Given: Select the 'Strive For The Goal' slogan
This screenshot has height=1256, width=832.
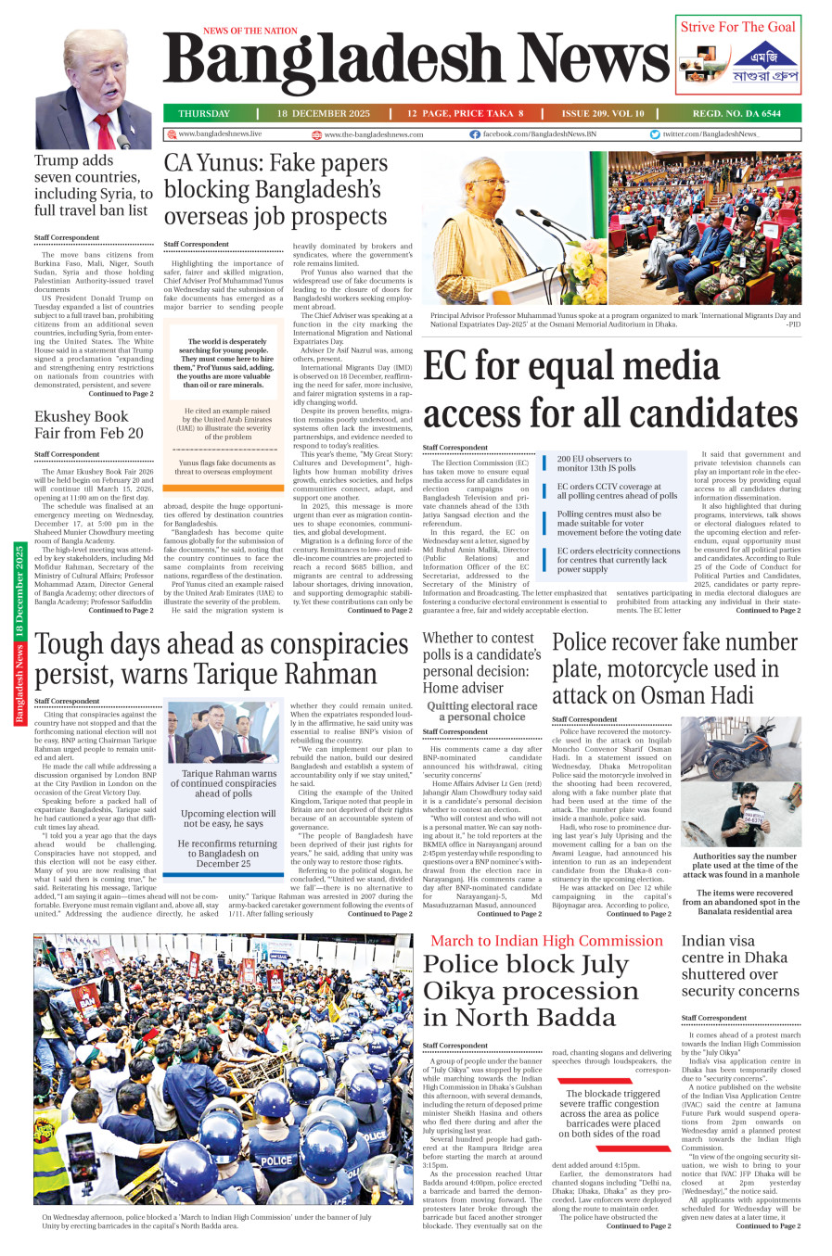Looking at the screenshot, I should coord(737,27).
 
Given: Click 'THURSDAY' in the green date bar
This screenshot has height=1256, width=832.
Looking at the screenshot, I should coord(204,113).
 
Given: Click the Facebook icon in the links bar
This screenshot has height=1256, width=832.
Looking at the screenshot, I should coord(475,134).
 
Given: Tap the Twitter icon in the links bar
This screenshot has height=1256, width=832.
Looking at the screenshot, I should coord(655,134).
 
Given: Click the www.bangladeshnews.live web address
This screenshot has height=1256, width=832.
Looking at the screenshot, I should coord(220,134).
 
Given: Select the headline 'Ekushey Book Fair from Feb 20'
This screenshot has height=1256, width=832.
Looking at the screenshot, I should coord(89,425).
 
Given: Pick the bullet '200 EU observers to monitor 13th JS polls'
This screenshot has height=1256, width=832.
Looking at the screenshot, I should coord(595,463).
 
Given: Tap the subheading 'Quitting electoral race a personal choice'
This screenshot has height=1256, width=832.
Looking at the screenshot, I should coord(481,711).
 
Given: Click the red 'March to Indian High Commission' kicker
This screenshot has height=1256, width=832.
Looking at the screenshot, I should coord(546,941).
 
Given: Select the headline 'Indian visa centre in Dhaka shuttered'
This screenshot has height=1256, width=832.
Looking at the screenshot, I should coord(739,966).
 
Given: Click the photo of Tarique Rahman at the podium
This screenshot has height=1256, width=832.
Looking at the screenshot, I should coord(223,733).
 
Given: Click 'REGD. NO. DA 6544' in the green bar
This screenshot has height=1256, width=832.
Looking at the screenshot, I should coord(736,113).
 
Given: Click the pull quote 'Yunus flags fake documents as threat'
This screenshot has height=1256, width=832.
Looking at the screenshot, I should coord(226,467).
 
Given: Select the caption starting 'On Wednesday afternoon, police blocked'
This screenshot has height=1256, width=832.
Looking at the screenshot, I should coord(207,1221).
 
